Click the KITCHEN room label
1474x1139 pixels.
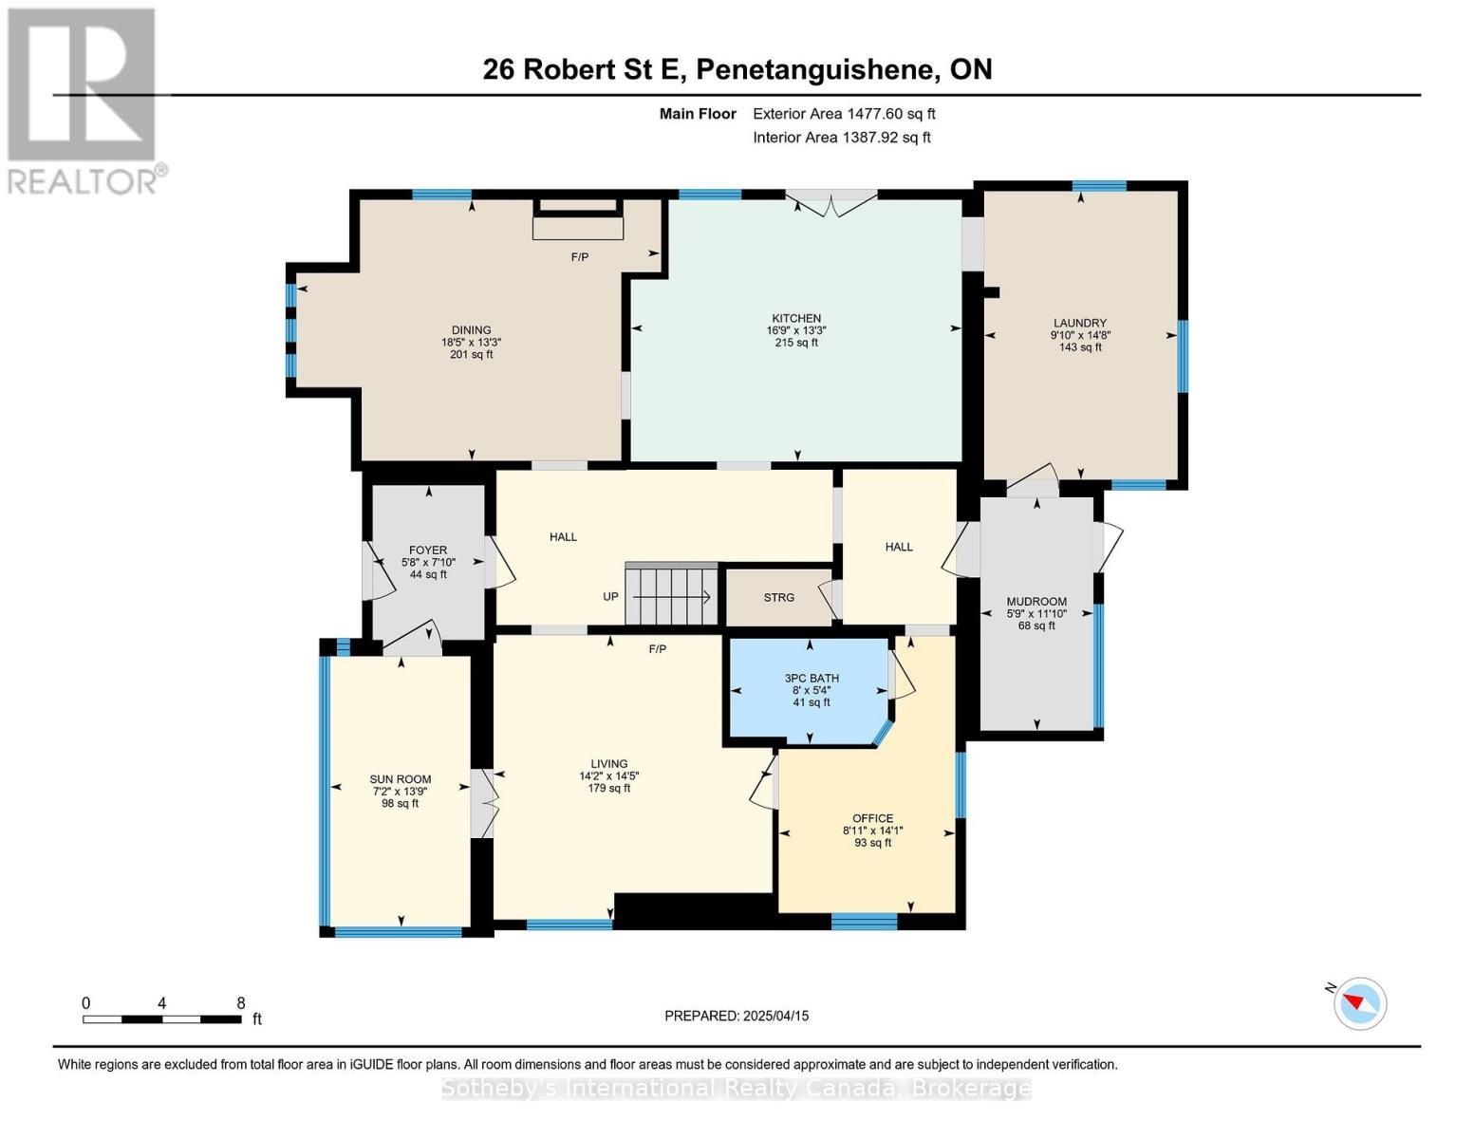pyautogui.click(x=796, y=318)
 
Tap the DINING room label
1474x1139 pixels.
pyautogui.click(x=472, y=330)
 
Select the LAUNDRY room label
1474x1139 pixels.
pyautogui.click(x=1080, y=323)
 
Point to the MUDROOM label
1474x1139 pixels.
pyautogui.click(x=1036, y=601)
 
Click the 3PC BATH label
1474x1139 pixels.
pyautogui.click(x=812, y=678)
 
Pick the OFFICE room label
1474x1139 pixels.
pyautogui.click(x=873, y=818)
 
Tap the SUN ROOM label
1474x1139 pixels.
pyautogui.click(x=401, y=779)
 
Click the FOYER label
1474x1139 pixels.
pyautogui.click(x=428, y=551)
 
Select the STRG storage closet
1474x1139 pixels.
pyautogui.click(x=779, y=597)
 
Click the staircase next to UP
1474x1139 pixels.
pyautogui.click(x=672, y=593)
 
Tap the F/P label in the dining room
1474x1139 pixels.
pyautogui.click(x=579, y=257)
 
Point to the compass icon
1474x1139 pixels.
pyautogui.click(x=1360, y=1003)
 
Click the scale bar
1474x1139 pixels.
pyautogui.click(x=162, y=1018)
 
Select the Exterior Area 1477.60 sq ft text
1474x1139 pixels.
pyautogui.click(x=844, y=114)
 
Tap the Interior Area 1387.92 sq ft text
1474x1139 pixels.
pyautogui.click(x=842, y=138)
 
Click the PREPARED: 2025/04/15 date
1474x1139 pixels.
pyautogui.click(x=737, y=1016)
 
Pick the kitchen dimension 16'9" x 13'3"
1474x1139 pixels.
pyautogui.click(x=796, y=330)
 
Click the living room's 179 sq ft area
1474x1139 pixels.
pyautogui.click(x=609, y=788)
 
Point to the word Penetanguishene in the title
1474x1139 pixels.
pyautogui.click(x=814, y=70)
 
